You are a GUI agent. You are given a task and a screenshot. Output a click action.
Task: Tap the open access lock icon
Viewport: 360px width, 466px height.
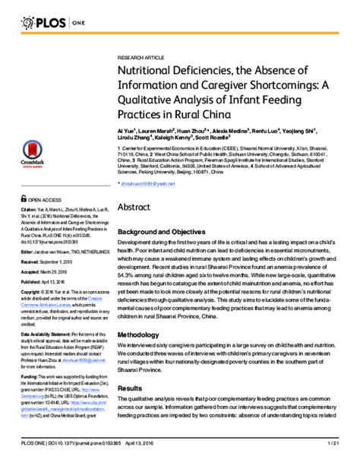[x=25, y=200]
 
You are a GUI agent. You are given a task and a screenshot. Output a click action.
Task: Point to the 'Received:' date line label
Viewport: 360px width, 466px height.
[x=30, y=260]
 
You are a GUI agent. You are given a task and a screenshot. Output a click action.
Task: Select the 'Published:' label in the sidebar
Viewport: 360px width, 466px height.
[x=31, y=281]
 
